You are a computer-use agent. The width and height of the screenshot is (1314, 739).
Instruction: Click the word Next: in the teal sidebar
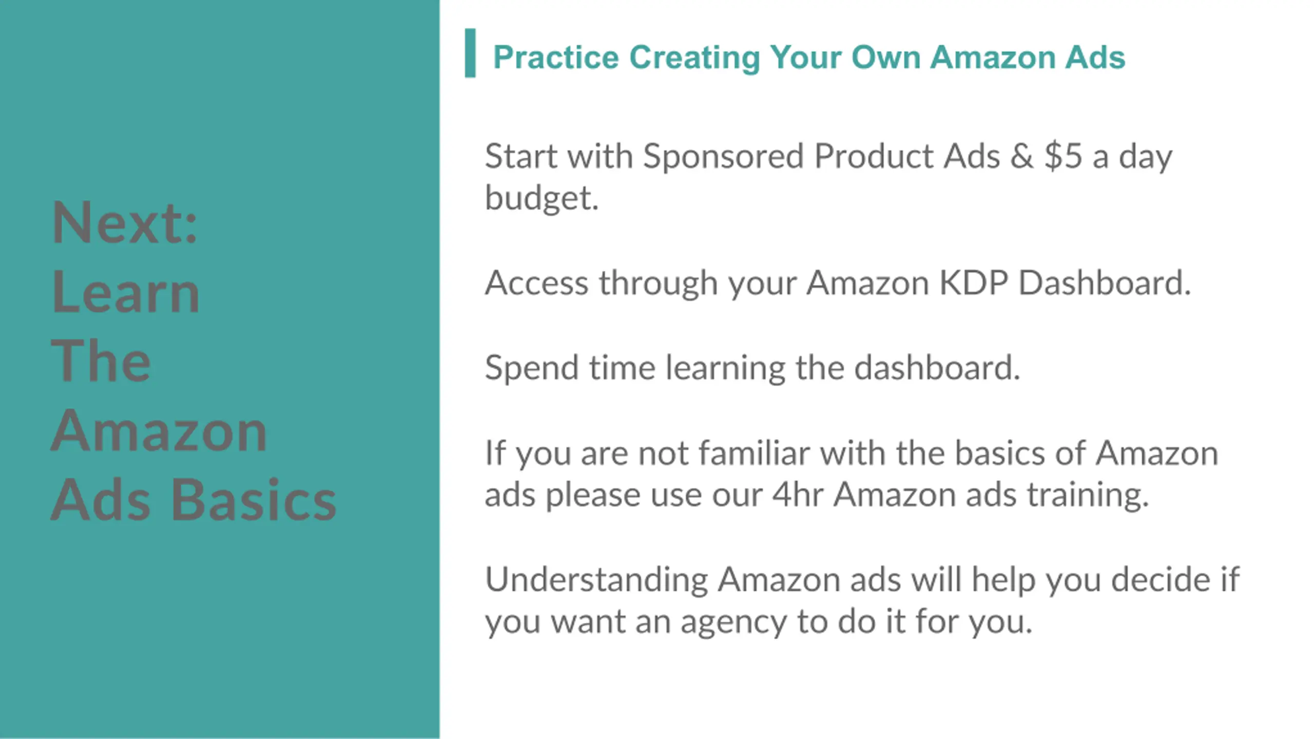point(125,222)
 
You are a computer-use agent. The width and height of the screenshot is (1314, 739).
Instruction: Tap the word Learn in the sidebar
point(126,291)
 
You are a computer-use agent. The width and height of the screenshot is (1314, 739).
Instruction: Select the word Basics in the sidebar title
point(254,499)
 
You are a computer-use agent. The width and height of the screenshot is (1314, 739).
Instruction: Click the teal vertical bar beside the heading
point(470,53)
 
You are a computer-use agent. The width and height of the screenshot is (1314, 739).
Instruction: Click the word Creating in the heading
point(694,58)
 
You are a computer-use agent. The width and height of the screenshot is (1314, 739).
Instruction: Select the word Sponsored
point(723,156)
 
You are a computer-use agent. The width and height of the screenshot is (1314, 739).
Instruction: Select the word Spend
point(531,368)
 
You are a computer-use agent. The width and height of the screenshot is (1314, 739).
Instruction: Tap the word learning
point(725,368)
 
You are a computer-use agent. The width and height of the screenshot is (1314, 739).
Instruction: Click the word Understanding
point(596,580)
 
